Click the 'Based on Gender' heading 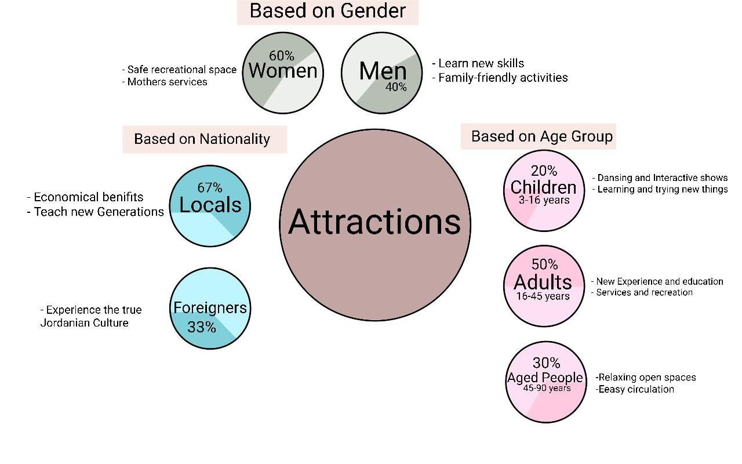coord(328,11)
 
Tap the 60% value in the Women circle coord(282,56)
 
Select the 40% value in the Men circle coord(396,87)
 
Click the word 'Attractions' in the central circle coord(374,222)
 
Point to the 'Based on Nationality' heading coord(202,139)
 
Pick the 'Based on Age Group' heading coord(541,136)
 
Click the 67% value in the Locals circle coord(209,187)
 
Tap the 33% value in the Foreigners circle coord(202,327)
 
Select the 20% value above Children coord(544,171)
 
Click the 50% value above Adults coord(544,264)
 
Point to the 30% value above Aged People coord(546,363)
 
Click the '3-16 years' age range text coord(544,201)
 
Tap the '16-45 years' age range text coord(543,296)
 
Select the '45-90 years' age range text coord(547,389)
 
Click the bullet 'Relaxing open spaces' coord(646,378)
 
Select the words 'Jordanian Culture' coord(84,323)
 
